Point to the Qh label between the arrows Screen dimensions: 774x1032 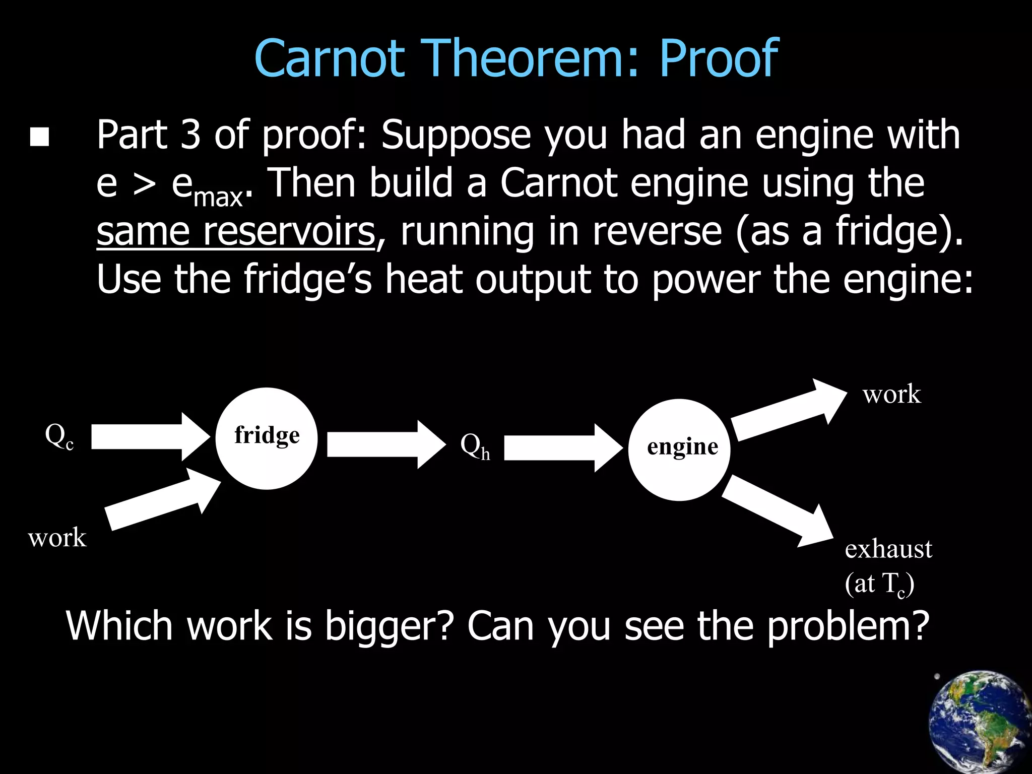click(x=475, y=446)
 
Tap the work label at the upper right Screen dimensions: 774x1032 click(x=891, y=394)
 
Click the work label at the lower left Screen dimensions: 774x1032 click(x=57, y=538)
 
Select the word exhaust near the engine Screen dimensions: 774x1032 click(x=888, y=549)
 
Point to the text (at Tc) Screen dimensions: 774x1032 click(x=879, y=584)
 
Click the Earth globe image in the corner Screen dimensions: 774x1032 click(x=980, y=723)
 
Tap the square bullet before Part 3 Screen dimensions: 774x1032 click(x=39, y=137)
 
